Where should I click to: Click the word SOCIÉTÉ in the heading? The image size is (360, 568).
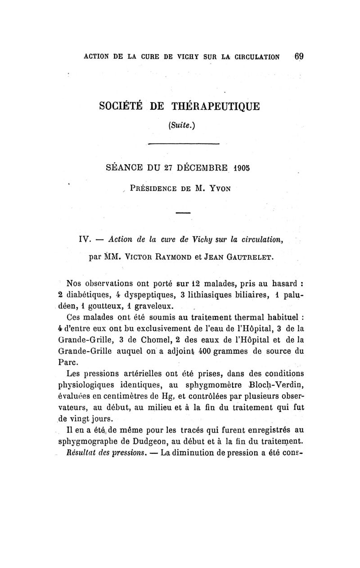(x=121, y=107)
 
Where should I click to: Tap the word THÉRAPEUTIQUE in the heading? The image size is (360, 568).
(x=215, y=107)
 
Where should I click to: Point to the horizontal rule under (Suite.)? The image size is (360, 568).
(x=183, y=144)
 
